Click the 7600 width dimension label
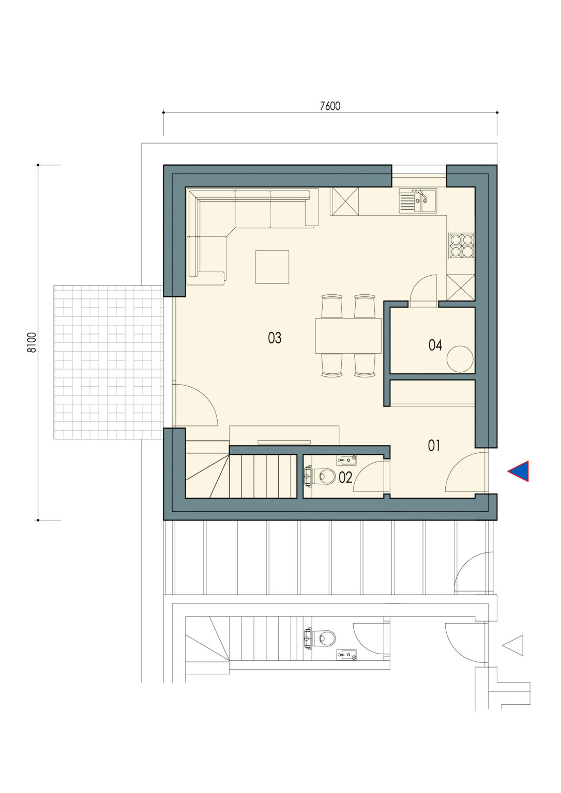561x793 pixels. [330, 106]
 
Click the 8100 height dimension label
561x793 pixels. [32, 342]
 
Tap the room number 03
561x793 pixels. [275, 338]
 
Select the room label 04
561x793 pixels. [435, 345]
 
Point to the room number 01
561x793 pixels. [434, 446]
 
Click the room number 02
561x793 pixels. [345, 478]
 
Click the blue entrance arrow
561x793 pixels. [518, 471]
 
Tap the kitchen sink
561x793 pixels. [418, 201]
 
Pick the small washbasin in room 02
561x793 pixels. [346, 460]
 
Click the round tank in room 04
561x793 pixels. [460, 359]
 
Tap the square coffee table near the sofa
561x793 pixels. [272, 267]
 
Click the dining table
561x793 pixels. [348, 336]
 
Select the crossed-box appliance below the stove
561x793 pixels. [461, 288]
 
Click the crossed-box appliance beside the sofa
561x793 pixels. [344, 201]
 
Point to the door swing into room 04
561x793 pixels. [423, 288]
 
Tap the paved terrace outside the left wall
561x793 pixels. [108, 362]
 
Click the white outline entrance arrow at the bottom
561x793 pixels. [513, 645]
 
